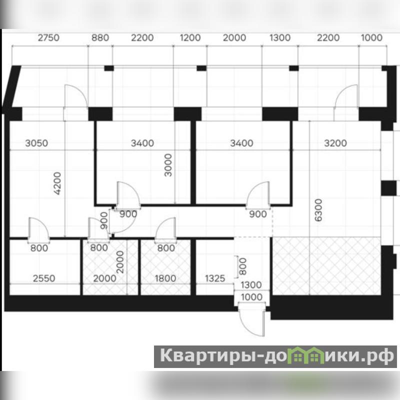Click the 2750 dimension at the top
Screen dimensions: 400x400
coord(48,38)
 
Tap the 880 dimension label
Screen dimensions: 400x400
coord(100,38)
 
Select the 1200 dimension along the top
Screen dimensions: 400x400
coord(190,38)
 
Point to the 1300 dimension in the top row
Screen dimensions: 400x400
coord(280,38)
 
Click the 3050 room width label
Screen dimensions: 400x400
coord(36,143)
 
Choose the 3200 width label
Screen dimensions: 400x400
coord(335,143)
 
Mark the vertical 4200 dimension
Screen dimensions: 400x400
coord(57,183)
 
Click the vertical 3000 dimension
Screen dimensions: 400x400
coord(168,165)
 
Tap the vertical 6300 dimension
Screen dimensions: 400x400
coord(318,210)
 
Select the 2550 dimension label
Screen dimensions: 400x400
coord(44,278)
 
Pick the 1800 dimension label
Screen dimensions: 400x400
coord(165,278)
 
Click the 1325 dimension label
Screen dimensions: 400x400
coord(215,278)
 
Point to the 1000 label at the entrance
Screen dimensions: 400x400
coord(251,297)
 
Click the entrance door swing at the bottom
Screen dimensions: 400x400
coord(251,319)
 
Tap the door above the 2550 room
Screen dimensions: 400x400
coord(38,229)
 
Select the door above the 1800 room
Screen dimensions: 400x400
coord(165,229)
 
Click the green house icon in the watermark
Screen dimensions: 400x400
coord(304,355)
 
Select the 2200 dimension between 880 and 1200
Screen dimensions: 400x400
coord(142,38)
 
